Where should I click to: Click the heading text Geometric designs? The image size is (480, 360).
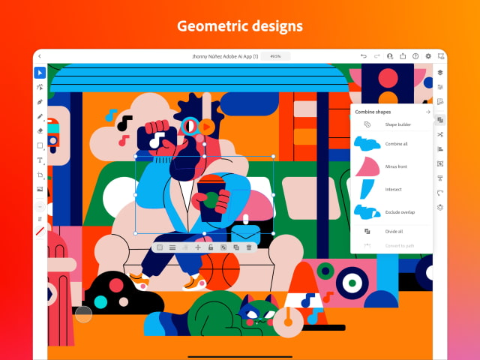[x=240, y=26]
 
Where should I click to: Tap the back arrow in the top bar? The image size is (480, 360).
[x=40, y=56]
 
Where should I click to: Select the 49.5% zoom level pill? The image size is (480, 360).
[x=275, y=56]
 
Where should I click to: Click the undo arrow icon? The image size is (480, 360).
[x=364, y=56]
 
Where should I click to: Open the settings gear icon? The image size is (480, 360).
[x=428, y=56]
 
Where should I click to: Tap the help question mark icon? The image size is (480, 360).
[x=415, y=56]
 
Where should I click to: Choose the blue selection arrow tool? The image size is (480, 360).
[x=40, y=73]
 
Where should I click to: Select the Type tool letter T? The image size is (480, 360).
[x=40, y=160]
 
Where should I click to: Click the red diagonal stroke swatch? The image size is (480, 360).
[x=40, y=232]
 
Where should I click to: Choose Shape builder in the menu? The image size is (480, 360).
[x=397, y=124]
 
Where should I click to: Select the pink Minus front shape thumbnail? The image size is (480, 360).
[x=367, y=166]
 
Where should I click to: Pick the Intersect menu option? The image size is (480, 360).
[x=393, y=189]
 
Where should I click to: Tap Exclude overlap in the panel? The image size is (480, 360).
[x=399, y=212]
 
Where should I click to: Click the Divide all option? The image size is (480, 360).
[x=393, y=232]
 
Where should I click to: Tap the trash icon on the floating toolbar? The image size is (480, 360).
[x=249, y=247]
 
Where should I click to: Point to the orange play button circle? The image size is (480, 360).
[x=205, y=127]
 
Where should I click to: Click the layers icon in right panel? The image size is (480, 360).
[x=440, y=73]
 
